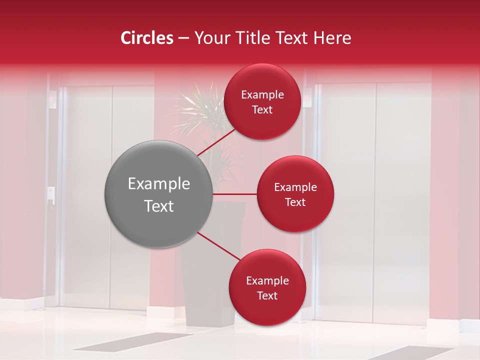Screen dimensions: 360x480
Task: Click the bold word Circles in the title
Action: (146, 38)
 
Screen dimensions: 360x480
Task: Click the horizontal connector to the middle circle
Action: (235, 194)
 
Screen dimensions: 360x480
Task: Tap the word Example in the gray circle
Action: (159, 184)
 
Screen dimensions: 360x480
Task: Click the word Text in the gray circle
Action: (159, 206)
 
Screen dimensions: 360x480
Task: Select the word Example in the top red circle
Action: (262, 95)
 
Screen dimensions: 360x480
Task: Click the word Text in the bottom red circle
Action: (267, 295)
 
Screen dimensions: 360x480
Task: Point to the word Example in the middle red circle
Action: (295, 187)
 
